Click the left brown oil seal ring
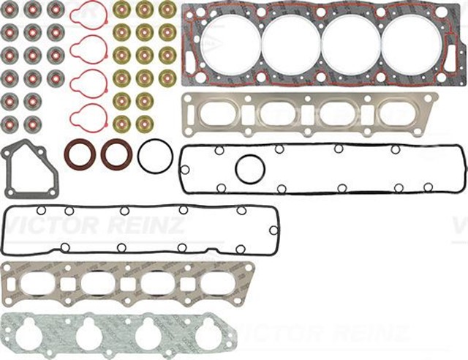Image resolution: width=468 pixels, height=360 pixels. [79, 154]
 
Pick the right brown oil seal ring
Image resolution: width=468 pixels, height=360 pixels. [116, 154]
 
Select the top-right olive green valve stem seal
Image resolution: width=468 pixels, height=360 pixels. [167, 10]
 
